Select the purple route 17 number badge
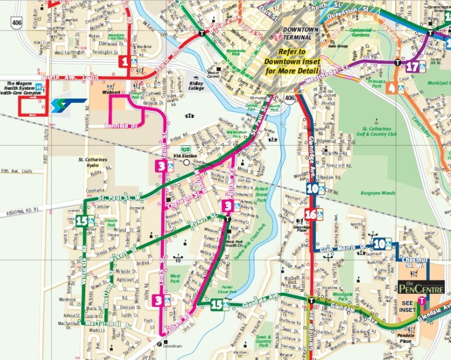coord(413,67)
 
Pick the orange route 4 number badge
coord(391,88)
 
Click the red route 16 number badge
coord(310,214)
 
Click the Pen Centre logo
coord(421,288)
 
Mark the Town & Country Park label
coord(263,340)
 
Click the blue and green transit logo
coord(68,106)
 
